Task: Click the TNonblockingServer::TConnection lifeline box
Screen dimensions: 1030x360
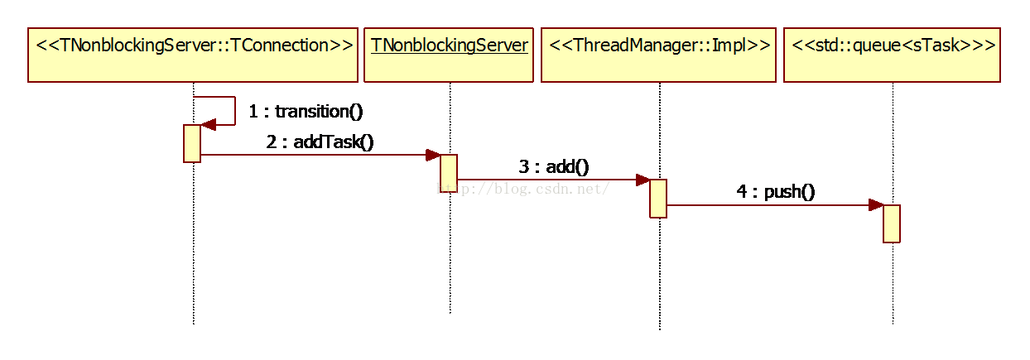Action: (193, 55)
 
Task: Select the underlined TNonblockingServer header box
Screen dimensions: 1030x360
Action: (449, 55)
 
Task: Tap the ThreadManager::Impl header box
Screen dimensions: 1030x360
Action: (658, 55)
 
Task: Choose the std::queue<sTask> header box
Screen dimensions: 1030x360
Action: (892, 55)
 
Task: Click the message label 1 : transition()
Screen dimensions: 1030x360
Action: (306, 111)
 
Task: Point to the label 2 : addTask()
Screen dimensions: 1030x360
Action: (320, 142)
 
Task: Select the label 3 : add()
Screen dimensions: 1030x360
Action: (554, 166)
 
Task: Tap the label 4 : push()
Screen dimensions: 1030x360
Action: (776, 192)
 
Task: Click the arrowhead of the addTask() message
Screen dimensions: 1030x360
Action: (433, 155)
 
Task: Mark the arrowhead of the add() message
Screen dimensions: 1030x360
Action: (643, 180)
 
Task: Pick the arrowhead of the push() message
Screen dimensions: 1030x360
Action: (877, 205)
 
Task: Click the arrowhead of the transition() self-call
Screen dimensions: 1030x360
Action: (209, 125)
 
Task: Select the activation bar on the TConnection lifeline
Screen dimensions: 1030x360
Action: (192, 143)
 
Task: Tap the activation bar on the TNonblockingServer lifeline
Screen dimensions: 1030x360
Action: (449, 173)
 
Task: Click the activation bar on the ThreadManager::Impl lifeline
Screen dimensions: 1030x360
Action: (658, 199)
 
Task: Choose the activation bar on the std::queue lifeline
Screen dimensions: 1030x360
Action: (892, 224)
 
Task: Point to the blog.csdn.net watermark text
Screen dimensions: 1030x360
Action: (523, 189)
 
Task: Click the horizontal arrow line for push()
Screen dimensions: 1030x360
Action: (775, 205)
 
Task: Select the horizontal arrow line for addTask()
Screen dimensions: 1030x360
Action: (320, 155)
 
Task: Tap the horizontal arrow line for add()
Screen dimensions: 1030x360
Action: (554, 180)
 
